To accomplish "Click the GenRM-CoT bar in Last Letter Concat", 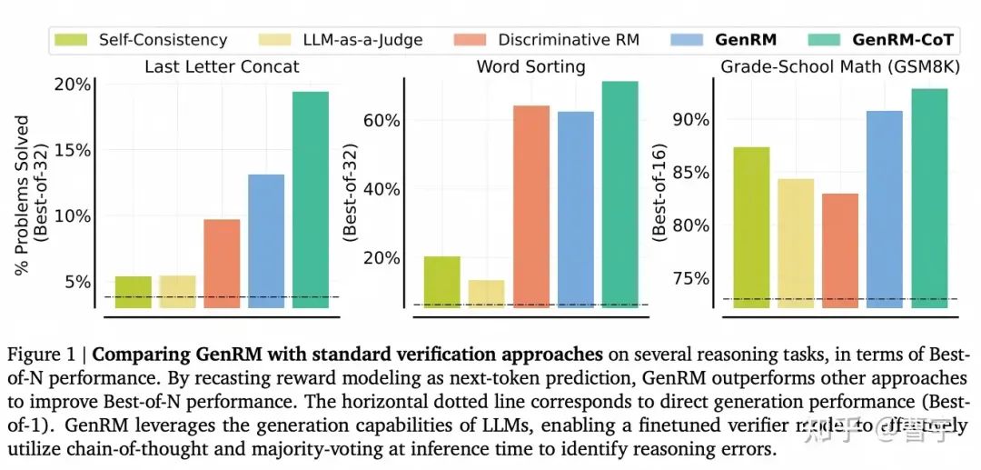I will point(311,200).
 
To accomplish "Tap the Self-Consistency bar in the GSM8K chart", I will point(751,227).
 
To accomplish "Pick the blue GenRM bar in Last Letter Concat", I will point(266,241).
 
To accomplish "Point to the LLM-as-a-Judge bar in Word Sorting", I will point(487,294).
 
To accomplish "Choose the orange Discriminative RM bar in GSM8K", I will point(839,251).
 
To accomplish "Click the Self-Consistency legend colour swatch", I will point(70,40).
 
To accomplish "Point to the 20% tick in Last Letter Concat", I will point(74,85).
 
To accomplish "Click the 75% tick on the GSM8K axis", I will point(691,278).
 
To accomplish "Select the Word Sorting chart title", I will point(530,66).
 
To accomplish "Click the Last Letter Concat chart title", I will point(222,66).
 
